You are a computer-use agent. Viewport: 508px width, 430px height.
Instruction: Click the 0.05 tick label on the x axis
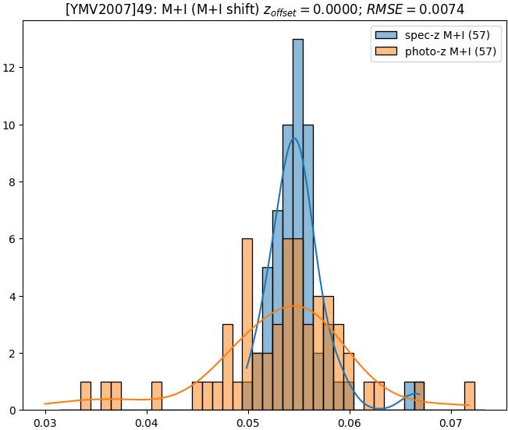[248, 423]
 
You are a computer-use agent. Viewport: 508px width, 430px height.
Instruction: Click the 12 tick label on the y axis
[12, 68]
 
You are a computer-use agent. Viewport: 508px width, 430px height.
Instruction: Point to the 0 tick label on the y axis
[14, 411]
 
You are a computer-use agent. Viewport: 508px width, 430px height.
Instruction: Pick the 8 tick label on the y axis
[14, 182]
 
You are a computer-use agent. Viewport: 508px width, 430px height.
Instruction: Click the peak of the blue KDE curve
[293, 138]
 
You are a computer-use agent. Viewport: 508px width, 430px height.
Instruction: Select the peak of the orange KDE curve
[294, 305]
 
